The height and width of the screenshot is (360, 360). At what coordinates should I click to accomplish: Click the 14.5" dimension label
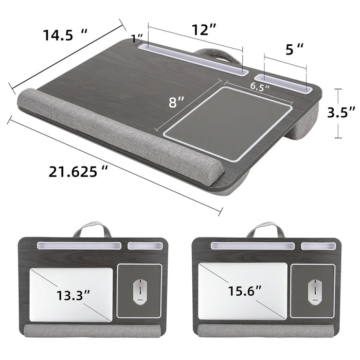tap(65, 35)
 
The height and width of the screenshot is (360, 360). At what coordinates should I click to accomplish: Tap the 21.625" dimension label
tap(78, 171)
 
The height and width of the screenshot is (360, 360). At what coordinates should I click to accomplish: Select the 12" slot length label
tap(204, 29)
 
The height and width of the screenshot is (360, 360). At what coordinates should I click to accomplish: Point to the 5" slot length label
tap(294, 49)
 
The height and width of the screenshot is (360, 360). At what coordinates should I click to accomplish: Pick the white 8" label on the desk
tap(176, 102)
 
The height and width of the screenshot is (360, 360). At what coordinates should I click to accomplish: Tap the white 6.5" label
tap(260, 86)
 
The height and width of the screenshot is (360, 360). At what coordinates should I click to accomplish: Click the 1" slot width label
tap(137, 39)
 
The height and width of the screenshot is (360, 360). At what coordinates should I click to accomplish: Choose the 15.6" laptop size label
tap(245, 291)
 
